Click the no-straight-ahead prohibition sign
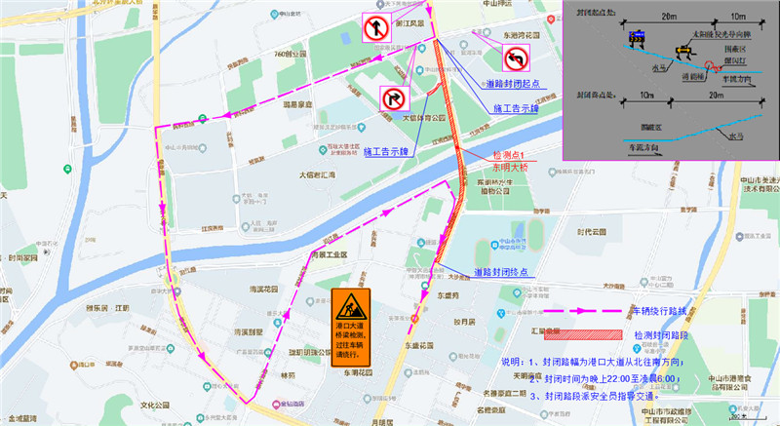pyautogui.click(x=376, y=28)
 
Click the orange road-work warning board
pyautogui.click(x=351, y=329)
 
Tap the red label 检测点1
pyautogui.click(x=509, y=155)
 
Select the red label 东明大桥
pyautogui.click(x=509, y=167)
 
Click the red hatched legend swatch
pyautogui.click(x=565, y=333)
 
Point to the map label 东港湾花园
pyautogui.click(x=497, y=35)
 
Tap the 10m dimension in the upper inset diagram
pyautogui.click(x=738, y=18)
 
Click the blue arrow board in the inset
pyautogui.click(x=638, y=38)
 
